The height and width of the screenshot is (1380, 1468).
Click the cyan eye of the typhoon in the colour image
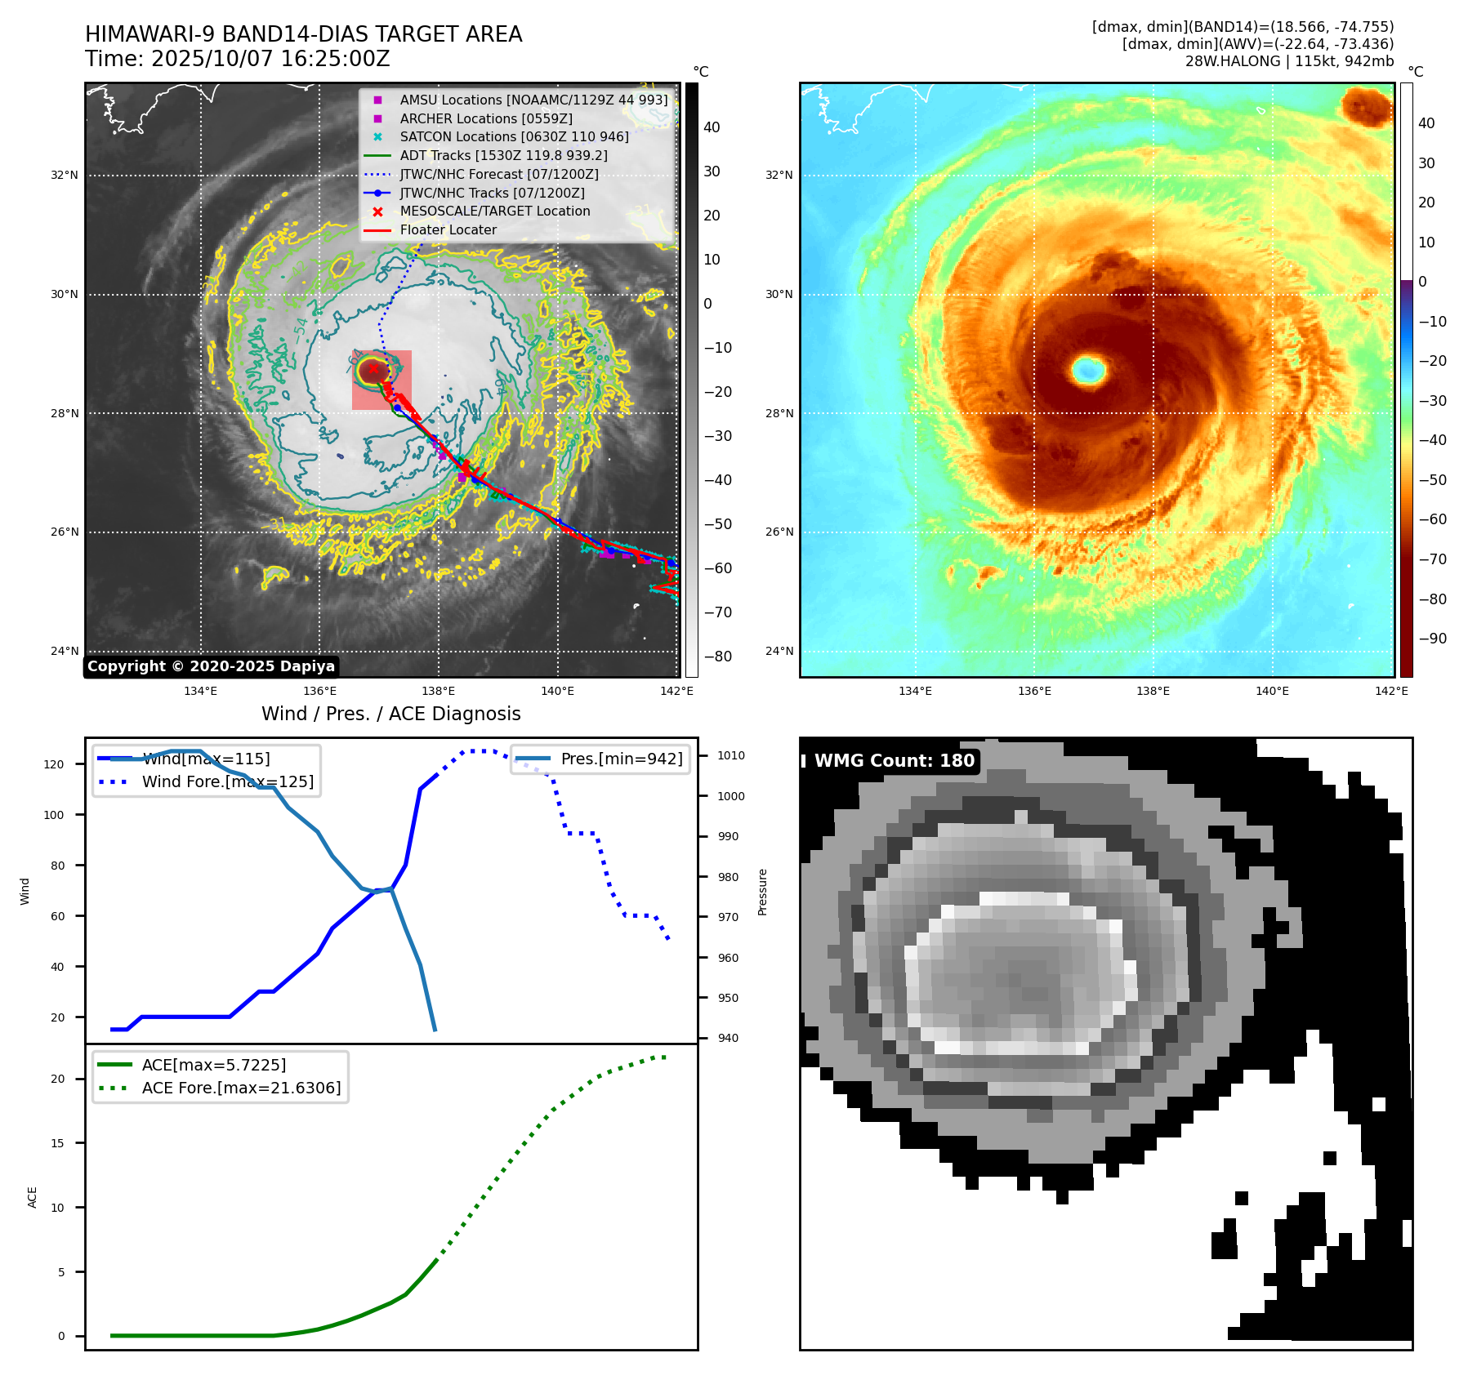[1088, 370]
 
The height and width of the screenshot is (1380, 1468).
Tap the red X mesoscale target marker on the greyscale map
[373, 368]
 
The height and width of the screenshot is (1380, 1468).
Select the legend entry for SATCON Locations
[514, 137]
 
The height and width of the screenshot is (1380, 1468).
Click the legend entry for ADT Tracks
[503, 156]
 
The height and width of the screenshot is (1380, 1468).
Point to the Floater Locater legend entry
[448, 230]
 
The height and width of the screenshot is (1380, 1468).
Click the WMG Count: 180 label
[894, 761]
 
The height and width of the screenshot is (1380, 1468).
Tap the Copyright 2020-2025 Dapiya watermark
[211, 666]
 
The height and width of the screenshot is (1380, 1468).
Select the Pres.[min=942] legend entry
[621, 759]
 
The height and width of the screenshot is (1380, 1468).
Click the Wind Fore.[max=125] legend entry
[227, 781]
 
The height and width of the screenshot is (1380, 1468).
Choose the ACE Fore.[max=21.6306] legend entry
[241, 1088]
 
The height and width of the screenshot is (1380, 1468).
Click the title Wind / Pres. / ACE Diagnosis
[390, 714]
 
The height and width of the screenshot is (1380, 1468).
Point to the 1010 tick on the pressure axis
[731, 755]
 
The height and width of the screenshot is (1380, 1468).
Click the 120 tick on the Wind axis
[54, 764]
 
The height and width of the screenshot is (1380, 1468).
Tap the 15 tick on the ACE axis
[57, 1143]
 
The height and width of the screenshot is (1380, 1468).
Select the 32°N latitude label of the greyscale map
[65, 175]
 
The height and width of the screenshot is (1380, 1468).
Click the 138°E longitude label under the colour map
[1153, 691]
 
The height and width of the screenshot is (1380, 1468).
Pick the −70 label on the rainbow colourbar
[1432, 559]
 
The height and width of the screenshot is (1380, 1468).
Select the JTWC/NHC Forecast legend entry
[498, 175]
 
